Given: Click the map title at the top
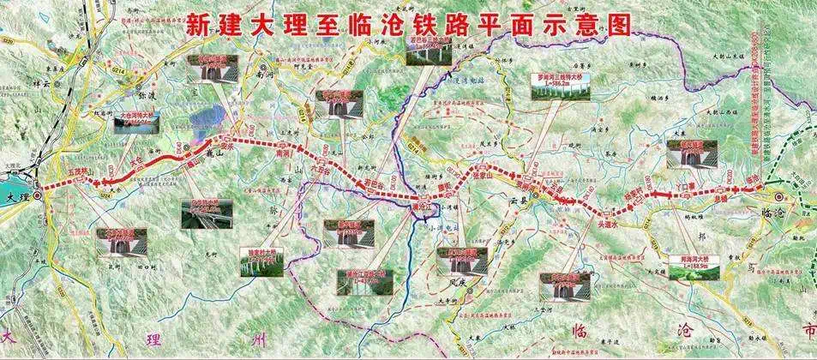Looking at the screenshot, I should [x=408, y=24].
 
